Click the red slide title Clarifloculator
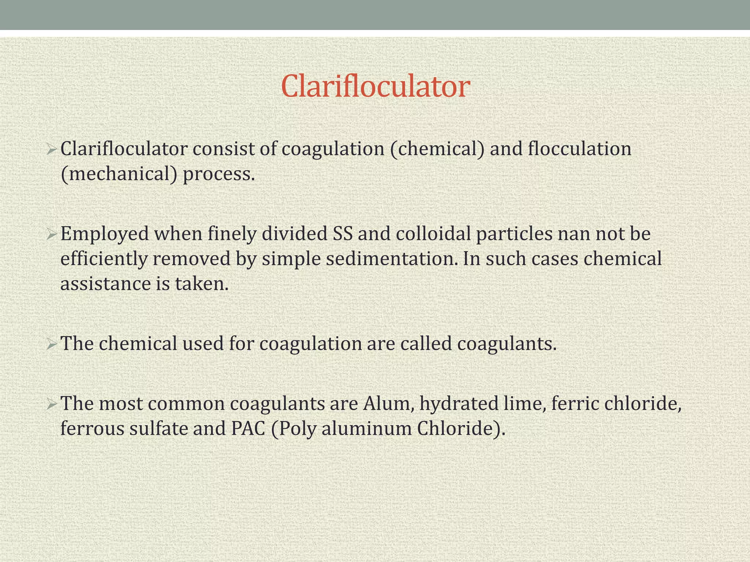point(375,86)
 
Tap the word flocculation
point(579,149)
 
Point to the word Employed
point(104,234)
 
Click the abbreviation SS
point(343,234)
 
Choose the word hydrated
point(459,404)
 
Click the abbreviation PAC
point(248,428)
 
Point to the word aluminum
point(367,428)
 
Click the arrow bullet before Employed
point(51,234)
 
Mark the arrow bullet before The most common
point(51,404)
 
